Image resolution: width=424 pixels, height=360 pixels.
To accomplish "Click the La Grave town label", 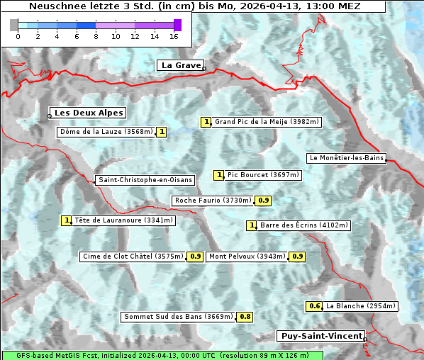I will (181, 65).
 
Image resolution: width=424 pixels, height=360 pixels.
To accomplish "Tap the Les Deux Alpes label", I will (89, 113).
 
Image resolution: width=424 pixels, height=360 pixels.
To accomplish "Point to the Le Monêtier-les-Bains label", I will (346, 157).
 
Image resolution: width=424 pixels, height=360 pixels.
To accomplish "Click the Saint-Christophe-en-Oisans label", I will (145, 180).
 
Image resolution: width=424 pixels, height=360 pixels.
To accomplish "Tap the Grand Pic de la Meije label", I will (267, 122).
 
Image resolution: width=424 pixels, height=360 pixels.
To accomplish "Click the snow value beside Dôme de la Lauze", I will (162, 132).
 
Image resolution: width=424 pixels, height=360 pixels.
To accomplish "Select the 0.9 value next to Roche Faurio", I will (264, 201).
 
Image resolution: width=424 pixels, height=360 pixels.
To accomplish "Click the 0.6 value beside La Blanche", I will (315, 306).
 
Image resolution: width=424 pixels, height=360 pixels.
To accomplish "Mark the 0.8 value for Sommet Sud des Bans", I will (245, 317).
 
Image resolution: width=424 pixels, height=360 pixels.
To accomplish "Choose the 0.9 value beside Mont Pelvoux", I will (297, 257).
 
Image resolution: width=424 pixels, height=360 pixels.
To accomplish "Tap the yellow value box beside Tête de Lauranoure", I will (67, 220).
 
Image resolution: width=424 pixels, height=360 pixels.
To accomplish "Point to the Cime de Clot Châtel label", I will (133, 257).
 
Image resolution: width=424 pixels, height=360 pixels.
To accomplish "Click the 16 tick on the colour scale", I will (174, 36).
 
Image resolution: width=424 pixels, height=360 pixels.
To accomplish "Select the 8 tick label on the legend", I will (96, 36).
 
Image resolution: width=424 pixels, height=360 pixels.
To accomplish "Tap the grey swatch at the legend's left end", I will (14, 25).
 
